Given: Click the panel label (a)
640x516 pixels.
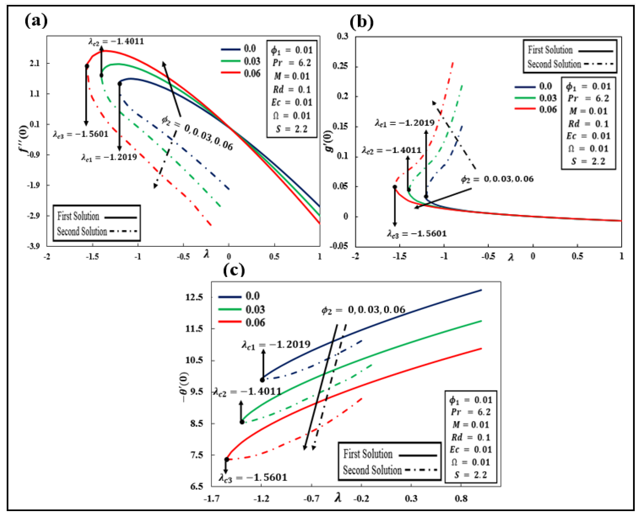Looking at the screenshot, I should (x=36, y=21).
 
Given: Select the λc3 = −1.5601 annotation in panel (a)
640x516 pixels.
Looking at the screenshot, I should (x=81, y=134).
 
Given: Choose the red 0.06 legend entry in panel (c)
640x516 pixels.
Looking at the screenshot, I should (x=241, y=323).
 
